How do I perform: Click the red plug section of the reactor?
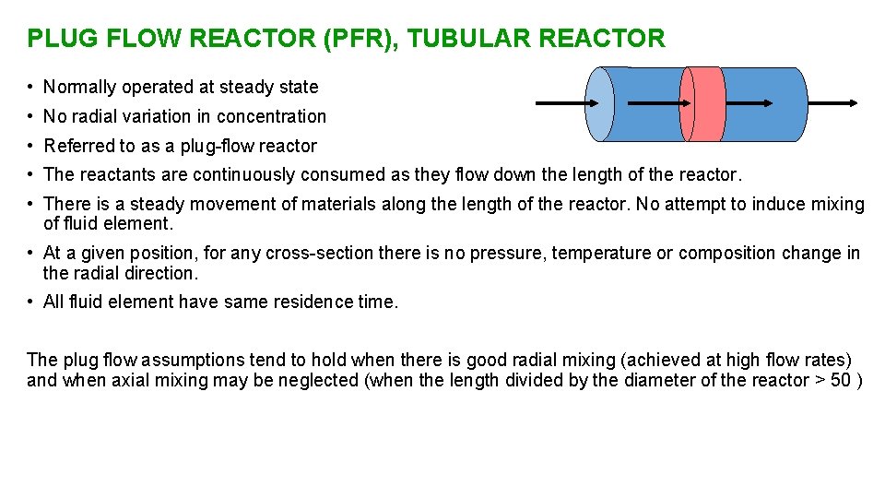pos(703,104)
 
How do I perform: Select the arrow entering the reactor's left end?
pos(562,103)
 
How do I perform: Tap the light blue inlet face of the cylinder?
pos(600,104)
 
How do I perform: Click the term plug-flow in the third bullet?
pos(199,146)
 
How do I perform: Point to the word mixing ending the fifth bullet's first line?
pos(837,204)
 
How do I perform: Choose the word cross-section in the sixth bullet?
pos(314,254)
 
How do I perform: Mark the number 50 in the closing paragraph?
pos(841,381)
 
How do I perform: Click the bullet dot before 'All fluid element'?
pos(31,302)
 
